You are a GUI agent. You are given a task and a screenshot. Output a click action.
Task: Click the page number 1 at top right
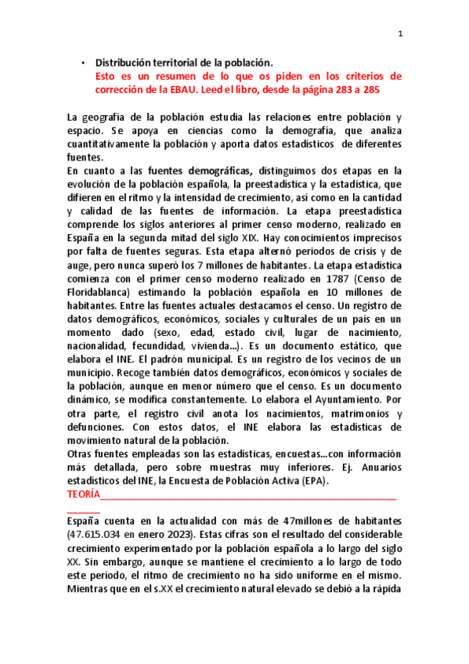(x=400, y=33)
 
